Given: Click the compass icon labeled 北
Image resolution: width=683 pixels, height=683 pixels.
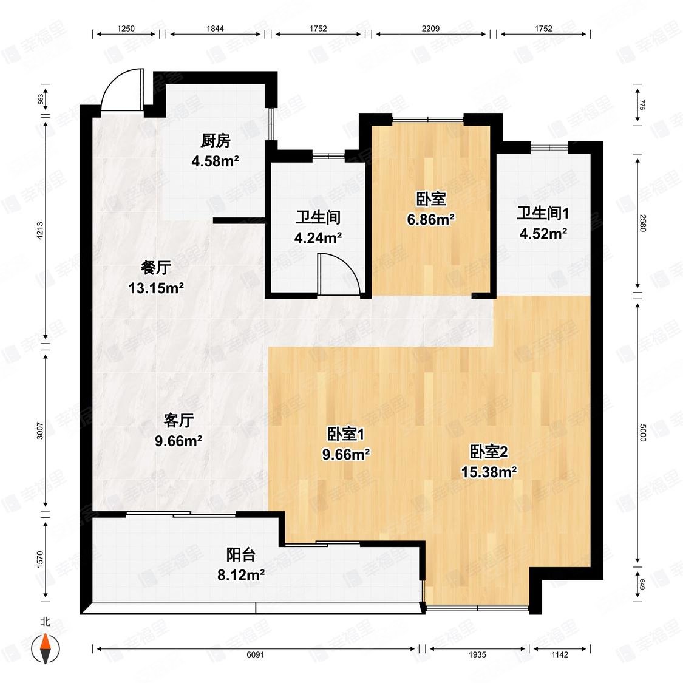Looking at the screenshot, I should [x=46, y=648].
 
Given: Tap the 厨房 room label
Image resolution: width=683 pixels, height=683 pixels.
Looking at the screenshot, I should [x=216, y=141].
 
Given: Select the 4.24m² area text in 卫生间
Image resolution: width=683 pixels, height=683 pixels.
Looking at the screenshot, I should [x=318, y=237].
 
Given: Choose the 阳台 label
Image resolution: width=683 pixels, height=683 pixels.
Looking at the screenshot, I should [x=240, y=555].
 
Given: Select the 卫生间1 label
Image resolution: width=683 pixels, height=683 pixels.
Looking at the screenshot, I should [x=543, y=213].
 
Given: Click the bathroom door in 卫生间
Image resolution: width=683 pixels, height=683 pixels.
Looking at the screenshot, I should [x=340, y=276].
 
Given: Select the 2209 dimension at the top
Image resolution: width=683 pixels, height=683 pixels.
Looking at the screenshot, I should [x=430, y=29].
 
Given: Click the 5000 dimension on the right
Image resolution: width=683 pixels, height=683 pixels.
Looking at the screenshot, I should [x=643, y=433].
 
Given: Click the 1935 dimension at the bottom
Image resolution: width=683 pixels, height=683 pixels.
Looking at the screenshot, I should [x=477, y=654].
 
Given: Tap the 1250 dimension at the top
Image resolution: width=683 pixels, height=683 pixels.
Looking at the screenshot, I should [x=126, y=29].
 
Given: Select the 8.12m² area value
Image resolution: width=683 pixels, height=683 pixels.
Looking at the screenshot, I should [x=240, y=574].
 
